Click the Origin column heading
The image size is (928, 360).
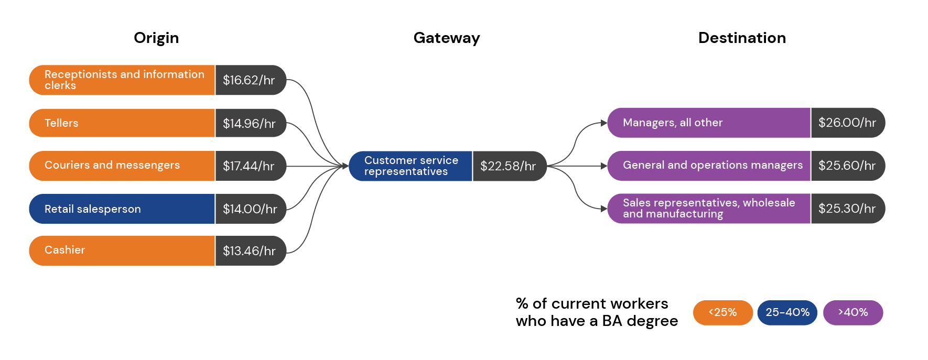point(156,38)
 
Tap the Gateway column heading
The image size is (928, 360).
point(446,38)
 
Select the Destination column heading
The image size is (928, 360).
point(742,38)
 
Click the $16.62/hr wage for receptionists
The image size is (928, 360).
point(249,80)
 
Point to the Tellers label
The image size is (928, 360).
point(61,123)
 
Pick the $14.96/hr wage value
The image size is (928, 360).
point(249,124)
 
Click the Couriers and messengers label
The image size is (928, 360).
point(112,165)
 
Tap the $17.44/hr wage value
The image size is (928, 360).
point(249,166)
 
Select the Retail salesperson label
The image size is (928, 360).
point(93,209)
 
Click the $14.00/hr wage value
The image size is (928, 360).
point(250,209)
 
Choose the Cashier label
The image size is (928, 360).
point(64,250)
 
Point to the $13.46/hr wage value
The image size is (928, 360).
point(249,251)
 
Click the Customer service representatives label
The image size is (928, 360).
point(411,166)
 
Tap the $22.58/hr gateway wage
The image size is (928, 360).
point(508,166)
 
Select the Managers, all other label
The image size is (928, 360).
point(673,123)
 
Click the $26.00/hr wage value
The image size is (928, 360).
point(847,123)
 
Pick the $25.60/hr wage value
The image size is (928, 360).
point(847,166)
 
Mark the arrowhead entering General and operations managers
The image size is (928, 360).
point(604,166)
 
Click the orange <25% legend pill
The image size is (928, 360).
point(722,312)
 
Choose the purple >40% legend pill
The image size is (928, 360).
point(853,312)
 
